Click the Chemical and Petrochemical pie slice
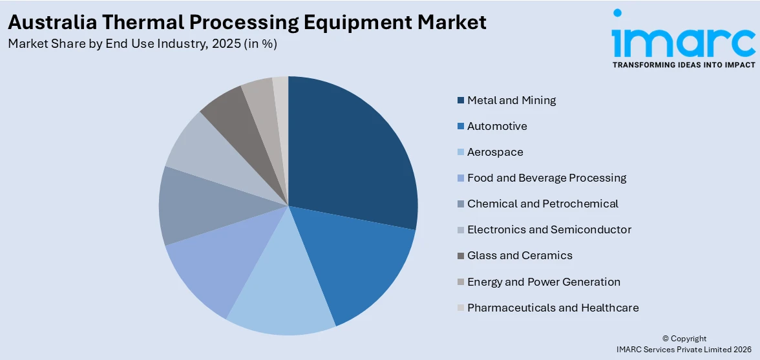pyautogui.click(x=200, y=207)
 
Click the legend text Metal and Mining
pyautogui.click(x=511, y=100)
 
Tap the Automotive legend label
pyautogui.click(x=497, y=126)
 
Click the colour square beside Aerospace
pyautogui.click(x=460, y=152)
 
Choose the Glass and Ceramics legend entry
pyautogui.click(x=520, y=255)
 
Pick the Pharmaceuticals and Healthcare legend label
pyautogui.click(x=553, y=308)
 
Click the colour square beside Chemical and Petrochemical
pyautogui.click(x=460, y=204)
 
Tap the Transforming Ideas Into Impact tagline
pyautogui.click(x=683, y=65)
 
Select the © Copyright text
pyautogui.click(x=684, y=338)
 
